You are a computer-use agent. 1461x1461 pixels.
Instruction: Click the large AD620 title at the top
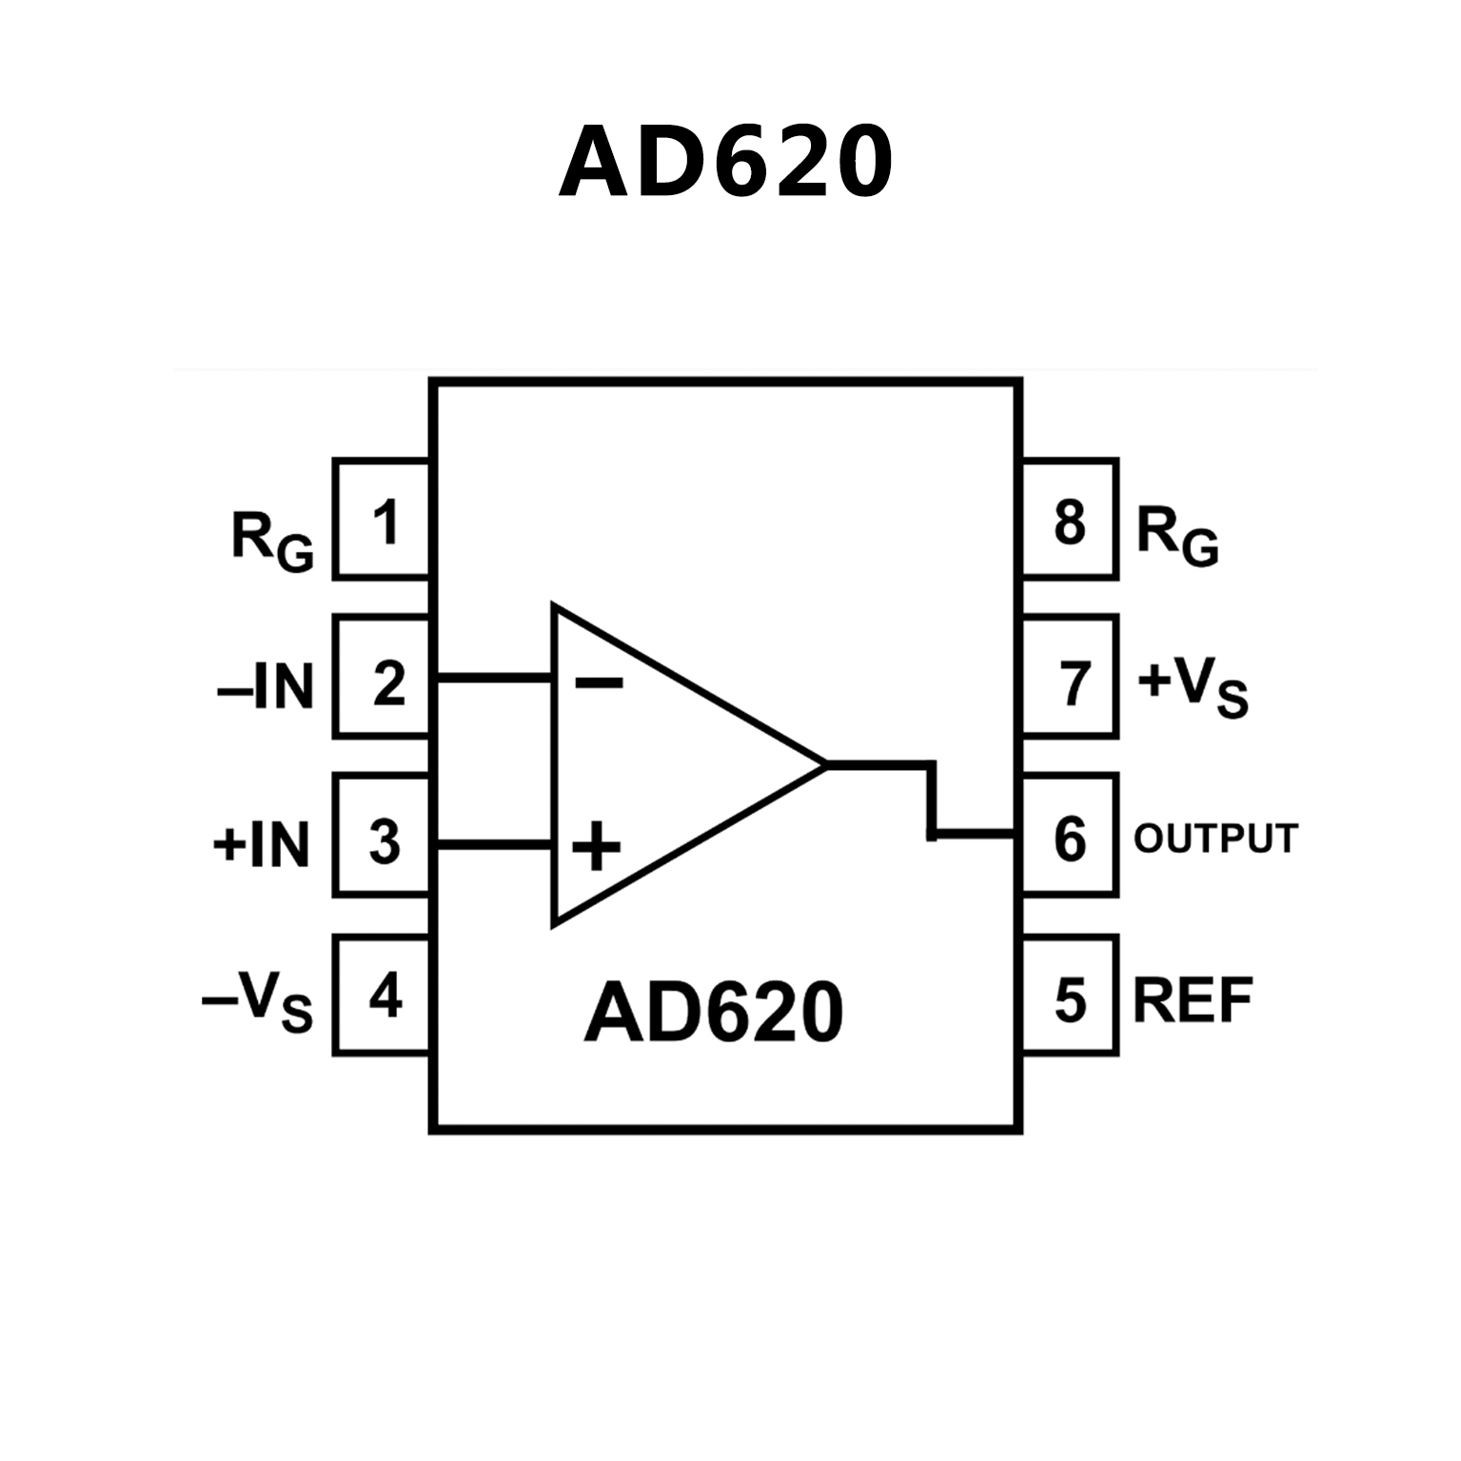[725, 162]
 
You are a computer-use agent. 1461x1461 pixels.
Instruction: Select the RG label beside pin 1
[272, 541]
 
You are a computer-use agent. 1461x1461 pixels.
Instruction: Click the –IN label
[266, 685]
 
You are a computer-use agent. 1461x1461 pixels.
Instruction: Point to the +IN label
[262, 844]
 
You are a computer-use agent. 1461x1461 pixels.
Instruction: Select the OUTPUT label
[1215, 839]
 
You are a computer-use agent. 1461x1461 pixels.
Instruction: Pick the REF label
[1193, 999]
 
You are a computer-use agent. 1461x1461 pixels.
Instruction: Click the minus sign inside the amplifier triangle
[599, 681]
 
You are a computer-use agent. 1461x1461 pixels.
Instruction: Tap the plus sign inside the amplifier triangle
[596, 845]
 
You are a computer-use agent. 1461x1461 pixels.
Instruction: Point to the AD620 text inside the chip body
[714, 1013]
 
